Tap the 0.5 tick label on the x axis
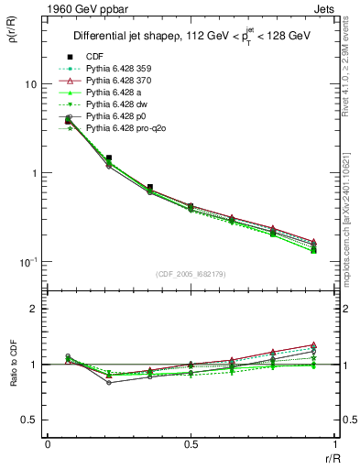pos(191,444)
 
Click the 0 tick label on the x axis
pos(48,444)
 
